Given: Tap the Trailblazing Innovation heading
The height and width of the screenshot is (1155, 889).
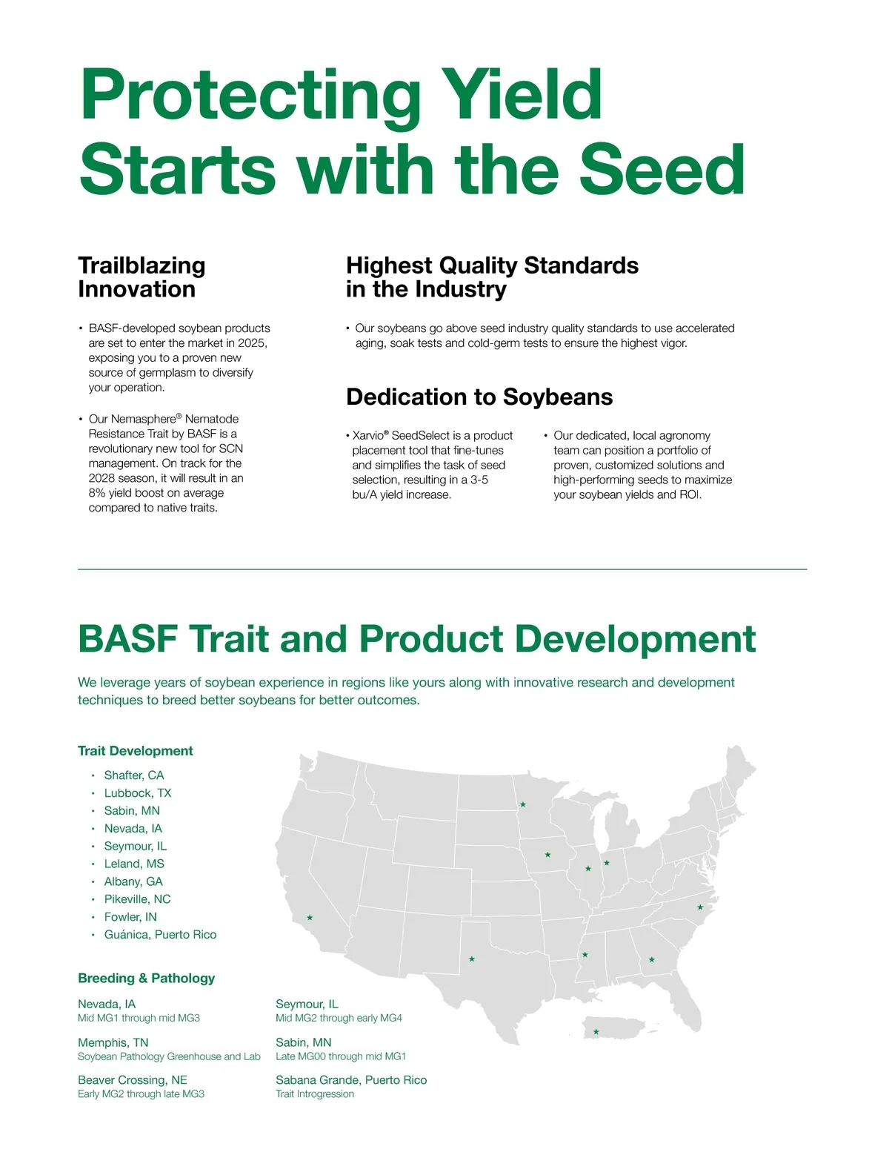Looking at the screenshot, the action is click(141, 277).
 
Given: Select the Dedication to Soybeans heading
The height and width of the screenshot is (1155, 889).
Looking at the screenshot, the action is click(479, 397).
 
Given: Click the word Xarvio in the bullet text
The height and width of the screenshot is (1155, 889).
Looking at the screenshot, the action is click(367, 435).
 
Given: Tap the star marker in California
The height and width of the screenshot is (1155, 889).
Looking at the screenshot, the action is click(310, 918).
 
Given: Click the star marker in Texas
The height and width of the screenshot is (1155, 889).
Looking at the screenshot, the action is click(472, 959).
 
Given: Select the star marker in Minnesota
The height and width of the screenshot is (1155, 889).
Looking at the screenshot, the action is click(522, 804).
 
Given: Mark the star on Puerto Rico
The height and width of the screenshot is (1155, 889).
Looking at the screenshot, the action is click(596, 1032).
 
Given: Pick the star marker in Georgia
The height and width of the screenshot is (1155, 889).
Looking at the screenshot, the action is click(652, 959).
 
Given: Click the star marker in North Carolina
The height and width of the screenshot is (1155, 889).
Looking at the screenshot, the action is click(700, 907).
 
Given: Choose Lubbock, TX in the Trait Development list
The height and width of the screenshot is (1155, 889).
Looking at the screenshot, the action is click(138, 793).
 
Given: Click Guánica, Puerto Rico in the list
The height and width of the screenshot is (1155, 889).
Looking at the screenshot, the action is click(160, 934).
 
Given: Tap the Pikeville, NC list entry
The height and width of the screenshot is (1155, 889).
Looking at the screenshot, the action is click(138, 898).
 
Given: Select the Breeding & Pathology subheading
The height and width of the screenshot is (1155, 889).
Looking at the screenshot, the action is click(146, 978).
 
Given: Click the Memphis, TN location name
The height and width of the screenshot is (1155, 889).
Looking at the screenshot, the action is click(113, 1042).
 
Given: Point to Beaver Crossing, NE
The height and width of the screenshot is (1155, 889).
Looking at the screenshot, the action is click(133, 1080).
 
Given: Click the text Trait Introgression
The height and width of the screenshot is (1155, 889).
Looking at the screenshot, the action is click(315, 1094).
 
